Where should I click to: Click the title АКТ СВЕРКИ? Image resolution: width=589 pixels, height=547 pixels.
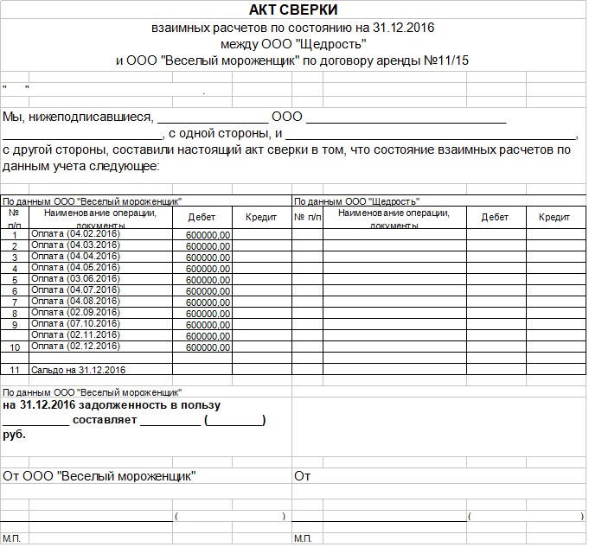[x=293, y=10]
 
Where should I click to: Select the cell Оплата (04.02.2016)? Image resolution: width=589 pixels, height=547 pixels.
[x=75, y=234]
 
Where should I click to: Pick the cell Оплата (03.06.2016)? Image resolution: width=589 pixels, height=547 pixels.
[x=75, y=278]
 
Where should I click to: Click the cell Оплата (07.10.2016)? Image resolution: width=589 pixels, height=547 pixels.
[x=75, y=323]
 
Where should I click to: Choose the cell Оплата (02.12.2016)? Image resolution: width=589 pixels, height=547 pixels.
[x=75, y=346]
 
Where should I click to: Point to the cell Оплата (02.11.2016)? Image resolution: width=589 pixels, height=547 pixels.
[x=75, y=334]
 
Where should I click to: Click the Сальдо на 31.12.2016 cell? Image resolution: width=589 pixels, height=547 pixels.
[x=79, y=370]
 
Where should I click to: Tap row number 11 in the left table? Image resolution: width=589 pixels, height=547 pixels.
[x=14, y=370]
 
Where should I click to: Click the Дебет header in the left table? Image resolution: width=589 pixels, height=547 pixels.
[x=202, y=218]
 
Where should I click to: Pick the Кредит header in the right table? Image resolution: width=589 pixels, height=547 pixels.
[x=554, y=218]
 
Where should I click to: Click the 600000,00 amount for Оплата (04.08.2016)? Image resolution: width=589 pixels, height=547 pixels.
[x=208, y=302]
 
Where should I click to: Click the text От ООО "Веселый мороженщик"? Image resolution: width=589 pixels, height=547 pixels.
[x=99, y=475]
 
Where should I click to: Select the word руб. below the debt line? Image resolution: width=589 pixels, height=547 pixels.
[x=15, y=435]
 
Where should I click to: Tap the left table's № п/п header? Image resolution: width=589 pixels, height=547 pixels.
[x=14, y=218]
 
